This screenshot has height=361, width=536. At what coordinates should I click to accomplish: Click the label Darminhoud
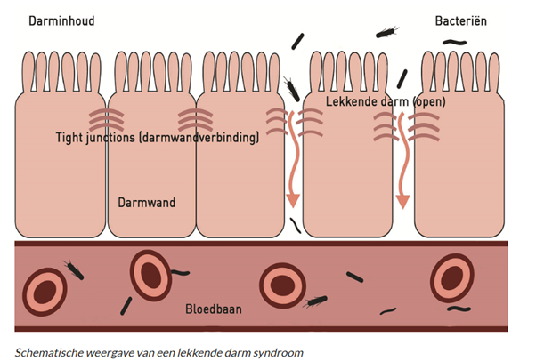coord(61,20)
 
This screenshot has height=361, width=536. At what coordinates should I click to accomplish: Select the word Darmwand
coord(147,203)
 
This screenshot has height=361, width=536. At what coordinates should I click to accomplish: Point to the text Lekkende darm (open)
coord(386,102)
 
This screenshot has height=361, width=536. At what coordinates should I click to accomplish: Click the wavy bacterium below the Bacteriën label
coord(458,42)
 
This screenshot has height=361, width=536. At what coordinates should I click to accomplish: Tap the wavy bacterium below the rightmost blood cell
coord(458,309)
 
